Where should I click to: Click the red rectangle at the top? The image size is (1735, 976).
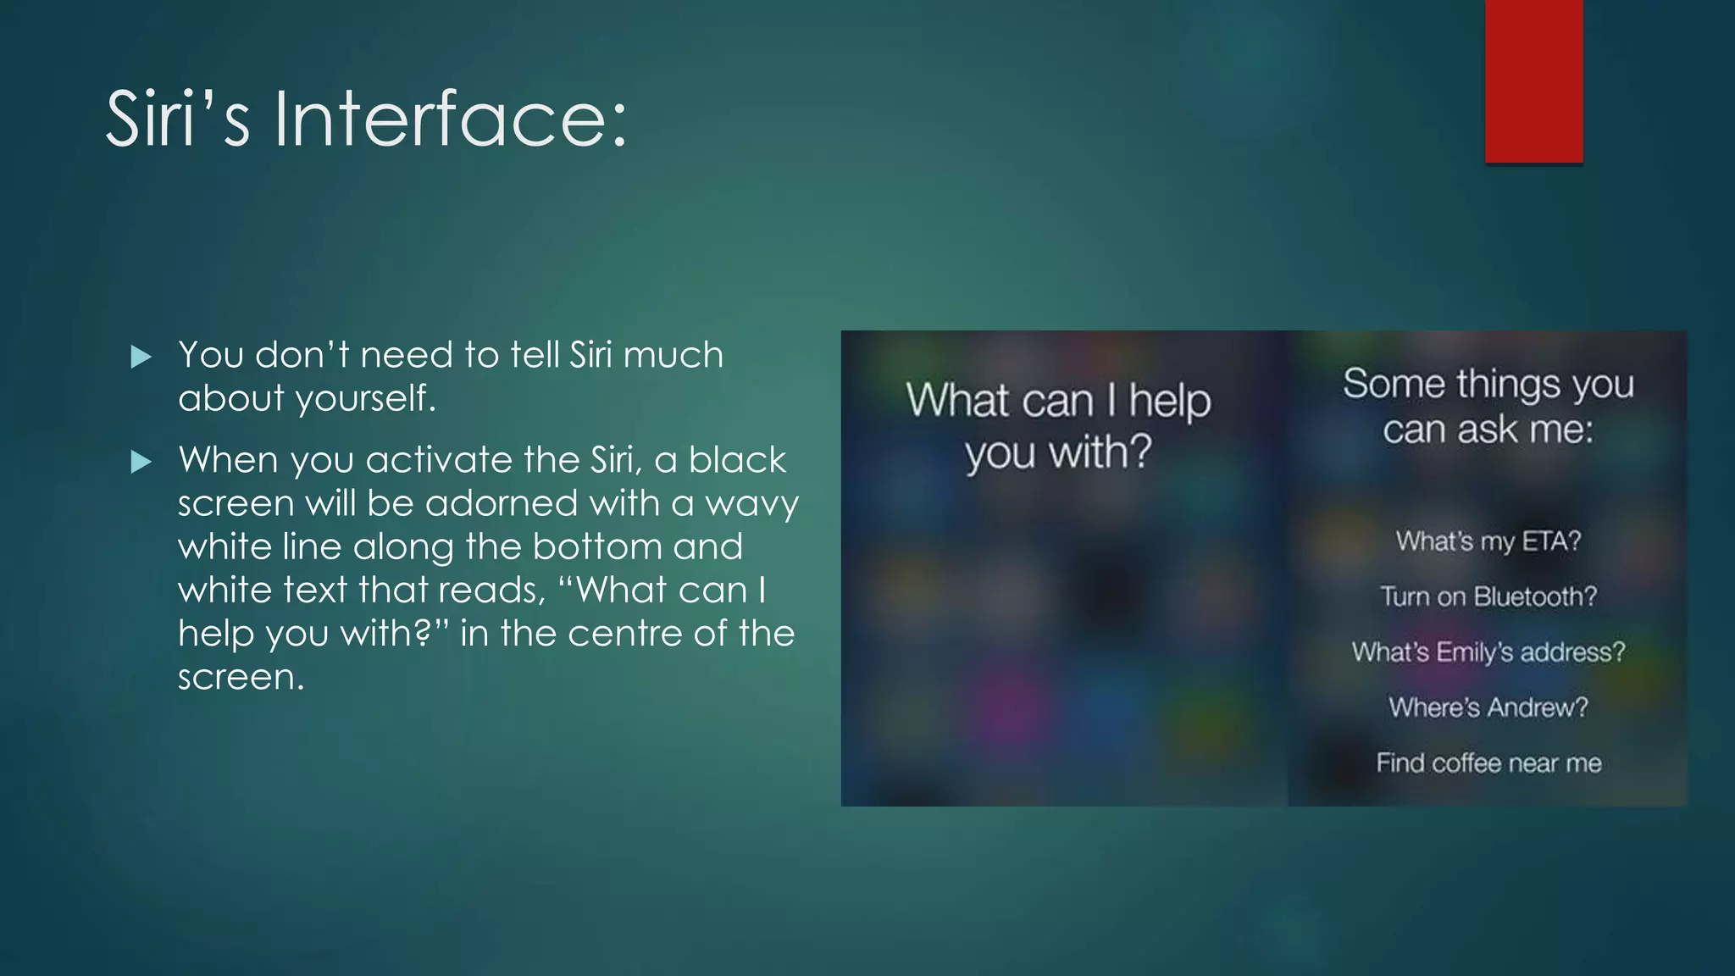(1533, 80)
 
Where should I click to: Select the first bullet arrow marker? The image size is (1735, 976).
(141, 357)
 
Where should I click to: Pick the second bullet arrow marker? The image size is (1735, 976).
(141, 462)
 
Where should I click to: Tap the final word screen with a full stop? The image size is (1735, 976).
(241, 677)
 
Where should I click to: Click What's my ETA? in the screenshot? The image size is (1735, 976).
(1488, 541)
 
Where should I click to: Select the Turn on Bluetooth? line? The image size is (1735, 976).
(1488, 596)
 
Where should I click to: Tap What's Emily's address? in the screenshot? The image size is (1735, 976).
(1488, 652)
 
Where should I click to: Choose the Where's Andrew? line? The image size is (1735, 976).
(1488, 707)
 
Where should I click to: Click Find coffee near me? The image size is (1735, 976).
(1488, 762)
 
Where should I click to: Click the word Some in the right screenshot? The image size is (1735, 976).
(1394, 384)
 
